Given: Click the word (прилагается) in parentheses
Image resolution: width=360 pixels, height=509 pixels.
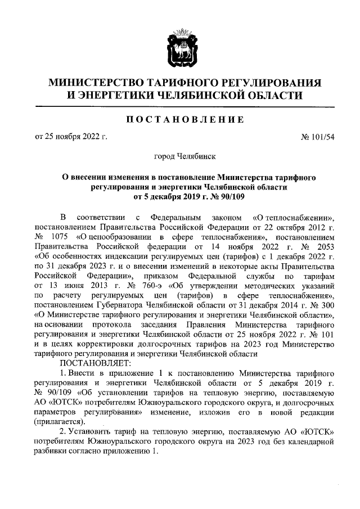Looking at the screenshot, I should (x=58, y=421).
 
